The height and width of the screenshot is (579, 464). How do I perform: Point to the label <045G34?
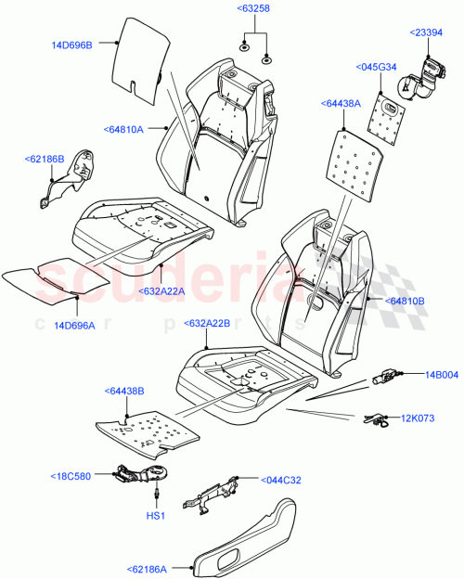378,66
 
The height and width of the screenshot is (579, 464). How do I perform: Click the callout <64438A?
342,104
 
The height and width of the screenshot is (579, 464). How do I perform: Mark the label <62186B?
44,160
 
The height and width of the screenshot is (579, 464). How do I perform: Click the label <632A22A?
165,290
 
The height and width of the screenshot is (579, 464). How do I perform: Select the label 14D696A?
75,325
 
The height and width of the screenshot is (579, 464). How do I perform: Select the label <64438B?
125,392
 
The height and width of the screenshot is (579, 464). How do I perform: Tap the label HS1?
157,516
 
